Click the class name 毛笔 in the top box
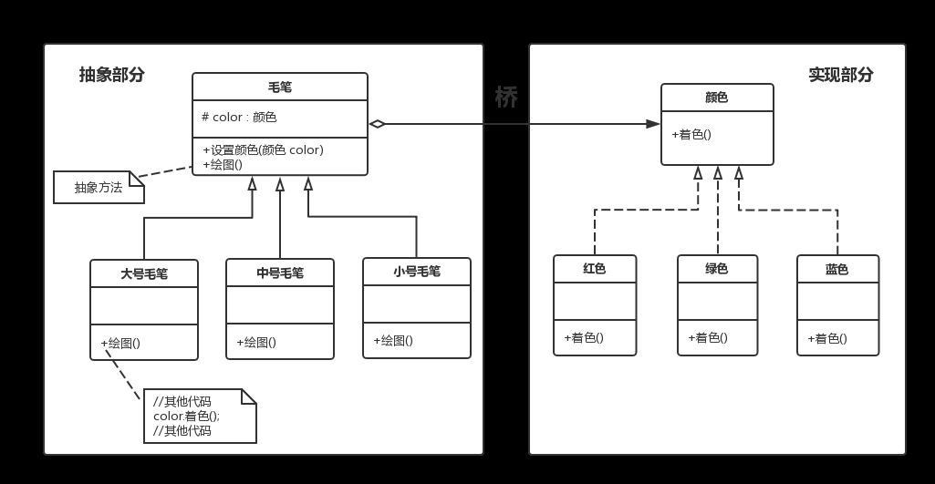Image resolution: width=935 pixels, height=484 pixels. point(279,88)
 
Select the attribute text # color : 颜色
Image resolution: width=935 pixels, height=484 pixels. point(239,118)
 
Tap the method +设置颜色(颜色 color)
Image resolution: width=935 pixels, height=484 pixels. point(263,150)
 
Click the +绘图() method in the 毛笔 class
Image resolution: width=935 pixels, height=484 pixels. point(223,165)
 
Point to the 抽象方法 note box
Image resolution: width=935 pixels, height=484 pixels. point(99,188)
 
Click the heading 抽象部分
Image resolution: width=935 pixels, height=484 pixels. point(111,76)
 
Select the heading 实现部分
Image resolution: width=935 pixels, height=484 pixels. point(840,76)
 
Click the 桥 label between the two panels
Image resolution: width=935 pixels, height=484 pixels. point(505,98)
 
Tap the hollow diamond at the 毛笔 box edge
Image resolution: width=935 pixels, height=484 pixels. point(377,124)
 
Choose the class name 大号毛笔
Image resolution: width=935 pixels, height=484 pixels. point(144,274)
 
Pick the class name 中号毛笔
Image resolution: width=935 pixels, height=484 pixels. point(280,273)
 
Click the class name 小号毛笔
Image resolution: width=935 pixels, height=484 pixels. point(417,272)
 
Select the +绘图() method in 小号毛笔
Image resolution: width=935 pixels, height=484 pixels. point(393,341)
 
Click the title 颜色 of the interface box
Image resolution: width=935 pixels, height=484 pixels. point(717,98)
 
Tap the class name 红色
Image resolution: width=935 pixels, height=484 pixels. point(595,269)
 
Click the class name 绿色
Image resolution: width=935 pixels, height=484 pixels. point(717,269)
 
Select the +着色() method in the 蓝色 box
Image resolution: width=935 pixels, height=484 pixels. point(827,339)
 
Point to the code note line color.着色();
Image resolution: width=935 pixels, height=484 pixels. point(187,417)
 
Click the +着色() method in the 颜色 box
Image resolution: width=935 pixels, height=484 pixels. point(691,135)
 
